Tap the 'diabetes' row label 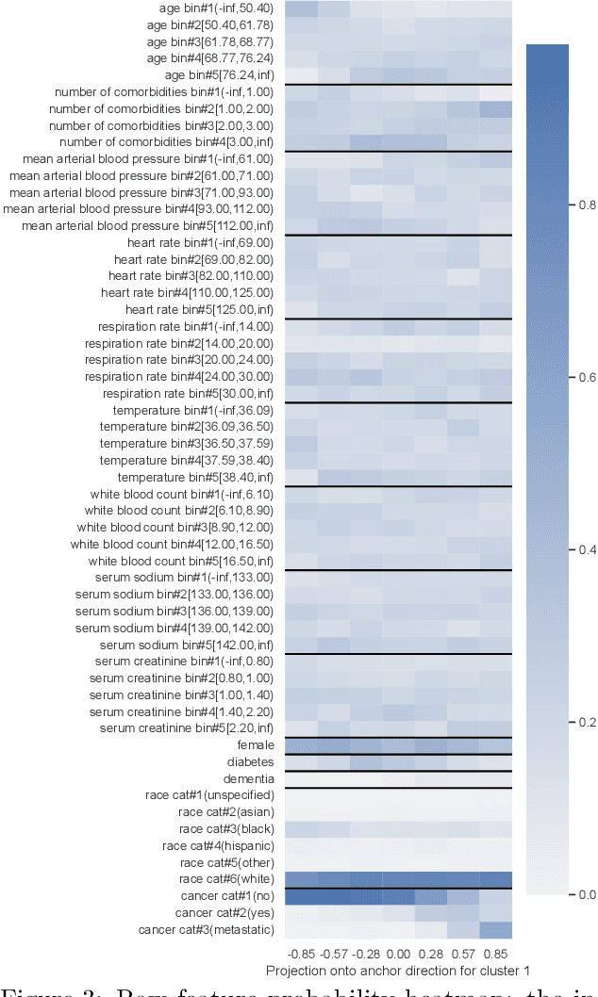click(250, 761)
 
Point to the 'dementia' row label click(249, 778)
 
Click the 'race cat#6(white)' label click(226, 879)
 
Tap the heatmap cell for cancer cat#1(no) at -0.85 click(301, 896)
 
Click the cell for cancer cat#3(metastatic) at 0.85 click(495, 930)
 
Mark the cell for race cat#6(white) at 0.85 click(495, 879)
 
